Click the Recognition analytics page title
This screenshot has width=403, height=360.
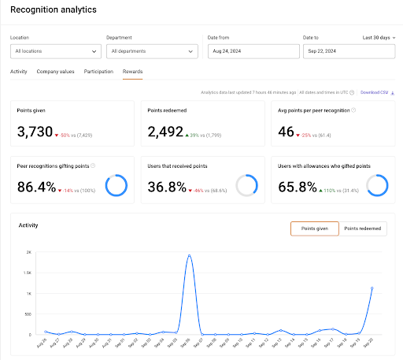[53, 10]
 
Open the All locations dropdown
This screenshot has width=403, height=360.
[55, 51]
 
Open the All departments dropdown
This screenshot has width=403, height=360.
[151, 51]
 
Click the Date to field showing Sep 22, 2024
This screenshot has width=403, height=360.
[345, 51]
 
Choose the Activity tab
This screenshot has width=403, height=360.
[19, 72]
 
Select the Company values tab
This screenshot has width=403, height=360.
[55, 72]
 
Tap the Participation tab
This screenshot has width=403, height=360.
[98, 72]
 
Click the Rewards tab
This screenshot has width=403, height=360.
[132, 72]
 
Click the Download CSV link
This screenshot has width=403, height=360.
[375, 91]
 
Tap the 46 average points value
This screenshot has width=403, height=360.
[287, 132]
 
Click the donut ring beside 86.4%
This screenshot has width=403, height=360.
[116, 185]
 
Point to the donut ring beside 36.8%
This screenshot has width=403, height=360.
[246, 185]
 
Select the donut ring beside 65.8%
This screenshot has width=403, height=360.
[377, 185]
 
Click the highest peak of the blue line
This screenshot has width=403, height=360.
[190, 255]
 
